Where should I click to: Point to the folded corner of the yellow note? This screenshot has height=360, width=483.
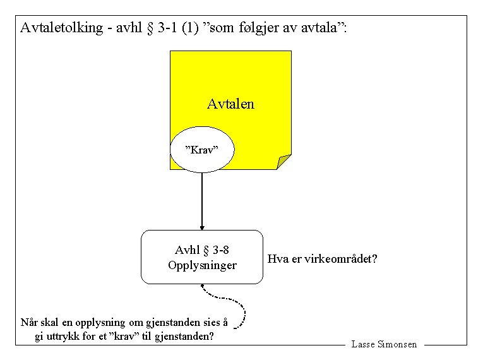[284, 162]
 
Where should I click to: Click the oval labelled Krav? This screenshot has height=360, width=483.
[201, 150]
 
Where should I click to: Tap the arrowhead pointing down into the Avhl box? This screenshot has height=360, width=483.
[202, 227]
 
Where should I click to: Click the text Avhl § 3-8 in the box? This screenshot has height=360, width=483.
[202, 250]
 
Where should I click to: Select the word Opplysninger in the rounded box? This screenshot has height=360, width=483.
[202, 265]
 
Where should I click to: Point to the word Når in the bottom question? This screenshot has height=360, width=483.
[29, 323]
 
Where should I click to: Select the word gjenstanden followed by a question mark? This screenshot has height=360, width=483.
[182, 336]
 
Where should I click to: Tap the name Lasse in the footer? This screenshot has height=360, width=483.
[364, 345]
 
